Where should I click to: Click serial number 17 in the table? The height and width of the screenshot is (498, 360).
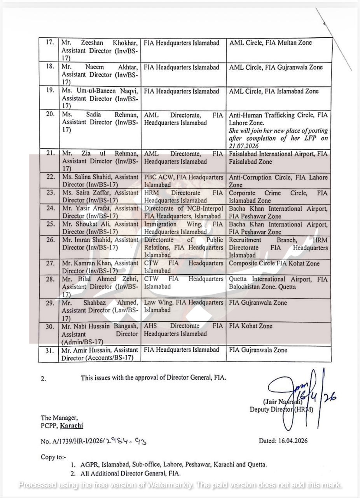click(49, 42)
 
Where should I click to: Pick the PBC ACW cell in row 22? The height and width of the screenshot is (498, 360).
click(183, 181)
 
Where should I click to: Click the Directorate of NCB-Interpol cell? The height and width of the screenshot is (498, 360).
click(183, 212)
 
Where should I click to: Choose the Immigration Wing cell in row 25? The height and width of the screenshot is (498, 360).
click(183, 228)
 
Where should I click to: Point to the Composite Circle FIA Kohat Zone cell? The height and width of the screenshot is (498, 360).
click(274, 263)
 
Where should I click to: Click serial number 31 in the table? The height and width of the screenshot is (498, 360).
click(49, 351)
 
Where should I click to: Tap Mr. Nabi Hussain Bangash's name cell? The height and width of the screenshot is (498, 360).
click(100, 334)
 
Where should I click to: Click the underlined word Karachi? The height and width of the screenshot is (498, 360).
click(72, 425)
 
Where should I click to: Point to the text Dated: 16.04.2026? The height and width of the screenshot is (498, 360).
click(283, 441)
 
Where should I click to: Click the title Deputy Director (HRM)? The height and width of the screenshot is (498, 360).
click(281, 409)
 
